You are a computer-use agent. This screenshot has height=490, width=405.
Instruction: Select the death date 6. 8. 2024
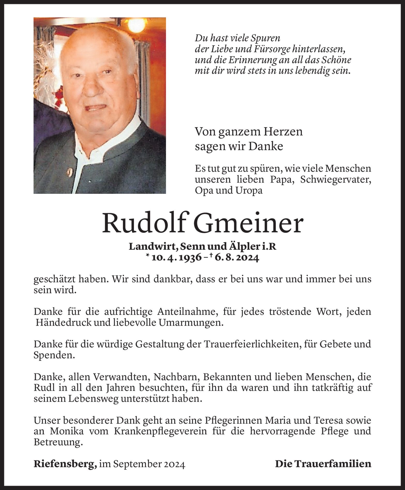click(x=236, y=258)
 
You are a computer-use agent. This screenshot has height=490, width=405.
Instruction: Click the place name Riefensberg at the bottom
click(x=65, y=464)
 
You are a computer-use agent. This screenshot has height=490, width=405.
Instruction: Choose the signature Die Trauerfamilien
click(x=323, y=464)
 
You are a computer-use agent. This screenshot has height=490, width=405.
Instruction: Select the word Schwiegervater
click(x=335, y=180)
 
